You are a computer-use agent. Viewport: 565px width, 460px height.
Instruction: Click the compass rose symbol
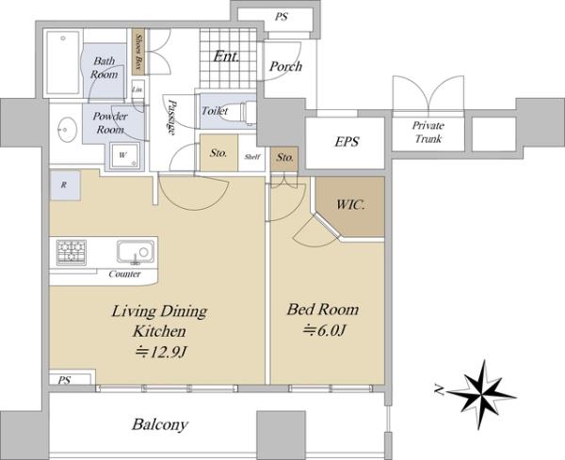click(482, 394)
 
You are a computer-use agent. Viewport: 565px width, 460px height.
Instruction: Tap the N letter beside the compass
click(439, 389)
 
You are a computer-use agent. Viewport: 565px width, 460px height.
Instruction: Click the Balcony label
click(160, 425)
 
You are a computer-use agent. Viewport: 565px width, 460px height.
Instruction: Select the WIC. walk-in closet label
click(350, 204)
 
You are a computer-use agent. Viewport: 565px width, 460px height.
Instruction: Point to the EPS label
click(347, 141)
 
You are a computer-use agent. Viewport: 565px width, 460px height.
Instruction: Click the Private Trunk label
click(428, 132)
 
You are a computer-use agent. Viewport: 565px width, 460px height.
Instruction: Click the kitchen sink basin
click(136, 251)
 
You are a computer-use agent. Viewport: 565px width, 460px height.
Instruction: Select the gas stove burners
click(72, 252)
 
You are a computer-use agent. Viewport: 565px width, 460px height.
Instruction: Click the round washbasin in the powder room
click(67, 129)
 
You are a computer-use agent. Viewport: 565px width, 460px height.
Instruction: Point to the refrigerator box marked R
click(65, 185)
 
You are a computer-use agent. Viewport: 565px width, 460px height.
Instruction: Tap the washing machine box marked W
click(124, 155)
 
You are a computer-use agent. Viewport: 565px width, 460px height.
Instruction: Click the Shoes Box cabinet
click(138, 52)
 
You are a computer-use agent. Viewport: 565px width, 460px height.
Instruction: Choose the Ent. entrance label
click(226, 56)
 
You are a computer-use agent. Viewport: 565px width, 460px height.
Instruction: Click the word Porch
click(285, 66)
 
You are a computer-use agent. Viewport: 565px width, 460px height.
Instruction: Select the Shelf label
click(252, 157)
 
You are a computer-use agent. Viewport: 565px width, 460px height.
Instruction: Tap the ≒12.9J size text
click(160, 352)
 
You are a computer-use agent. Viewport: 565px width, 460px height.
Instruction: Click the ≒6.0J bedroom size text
click(324, 330)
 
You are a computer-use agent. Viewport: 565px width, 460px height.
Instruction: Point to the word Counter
click(124, 274)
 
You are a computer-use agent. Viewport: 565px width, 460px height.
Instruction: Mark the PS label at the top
click(282, 17)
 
